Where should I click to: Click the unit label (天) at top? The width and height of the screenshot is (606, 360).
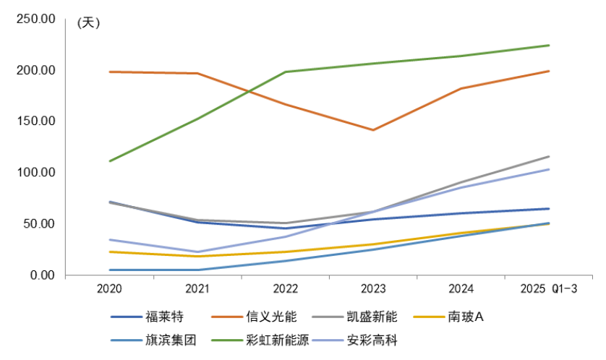pyautogui.click(x=88, y=22)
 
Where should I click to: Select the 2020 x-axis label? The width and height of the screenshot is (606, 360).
pyautogui.click(x=109, y=288)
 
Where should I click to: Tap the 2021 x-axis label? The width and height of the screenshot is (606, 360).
pyautogui.click(x=197, y=288)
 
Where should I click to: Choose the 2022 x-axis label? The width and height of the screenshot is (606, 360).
pyautogui.click(x=285, y=288)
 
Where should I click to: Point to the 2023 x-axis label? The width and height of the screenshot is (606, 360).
pyautogui.click(x=373, y=288)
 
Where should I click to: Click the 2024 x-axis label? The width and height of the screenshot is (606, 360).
pyautogui.click(x=461, y=288)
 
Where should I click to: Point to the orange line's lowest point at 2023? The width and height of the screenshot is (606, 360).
pyautogui.click(x=373, y=130)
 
